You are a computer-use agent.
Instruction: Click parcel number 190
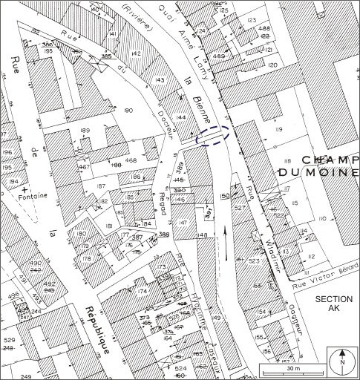tap(130, 111)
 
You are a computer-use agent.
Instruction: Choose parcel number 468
tap(131, 160)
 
